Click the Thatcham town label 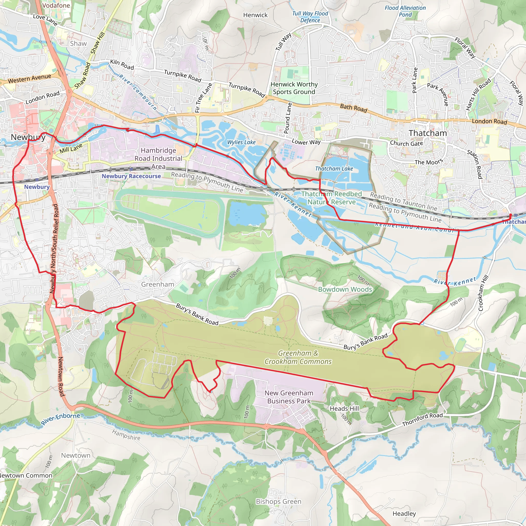click(x=428, y=133)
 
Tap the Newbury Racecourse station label click(x=131, y=176)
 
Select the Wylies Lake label click(x=241, y=142)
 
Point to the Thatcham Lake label click(x=334, y=168)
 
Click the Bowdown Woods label click(x=345, y=289)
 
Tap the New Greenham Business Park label click(x=289, y=397)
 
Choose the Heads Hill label click(x=344, y=408)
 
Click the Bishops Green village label click(x=278, y=502)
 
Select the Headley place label click(x=404, y=513)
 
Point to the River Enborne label click(x=60, y=419)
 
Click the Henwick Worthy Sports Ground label click(x=294, y=88)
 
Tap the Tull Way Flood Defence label click(x=310, y=17)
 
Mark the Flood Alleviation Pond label click(x=405, y=11)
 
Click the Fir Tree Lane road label click(x=203, y=98)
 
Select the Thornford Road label click(x=422, y=419)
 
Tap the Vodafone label click(x=56, y=5)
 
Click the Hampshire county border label click(x=126, y=435)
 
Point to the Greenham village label click(x=157, y=284)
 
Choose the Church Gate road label click(x=406, y=143)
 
